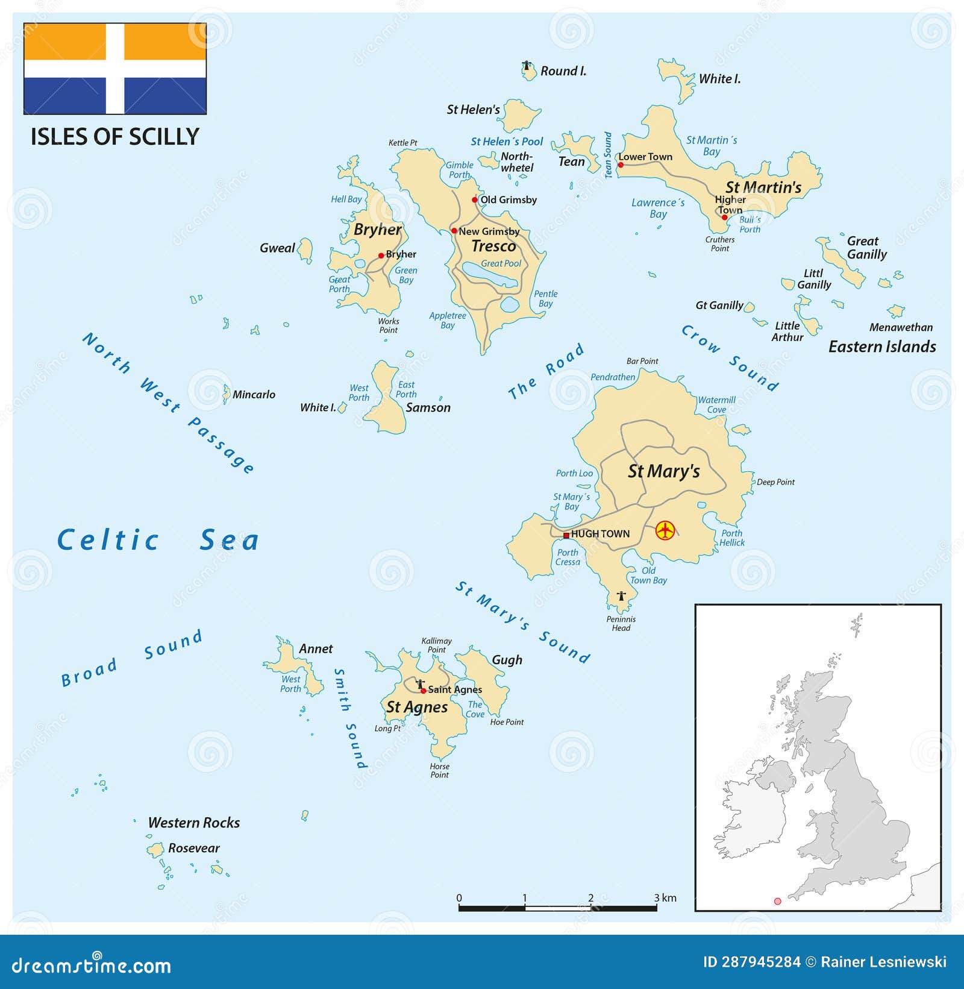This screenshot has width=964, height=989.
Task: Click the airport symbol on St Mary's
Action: tap(665, 530)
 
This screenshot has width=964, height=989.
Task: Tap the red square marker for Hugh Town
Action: tap(566, 535)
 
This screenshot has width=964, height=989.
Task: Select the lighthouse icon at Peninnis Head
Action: tap(621, 596)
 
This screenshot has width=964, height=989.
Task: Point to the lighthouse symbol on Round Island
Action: tap(527, 66)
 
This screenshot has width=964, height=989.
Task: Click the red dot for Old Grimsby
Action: tap(475, 200)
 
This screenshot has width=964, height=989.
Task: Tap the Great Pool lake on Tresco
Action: tap(489, 277)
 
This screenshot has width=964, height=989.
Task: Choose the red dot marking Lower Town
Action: tap(621, 165)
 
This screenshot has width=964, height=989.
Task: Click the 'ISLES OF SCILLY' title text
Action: tap(114, 137)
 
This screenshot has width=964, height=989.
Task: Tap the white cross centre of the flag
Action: tap(115, 69)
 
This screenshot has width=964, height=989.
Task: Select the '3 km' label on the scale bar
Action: tap(665, 898)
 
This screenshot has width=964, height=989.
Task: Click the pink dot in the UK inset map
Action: tap(777, 901)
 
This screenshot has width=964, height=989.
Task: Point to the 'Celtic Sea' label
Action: tap(158, 539)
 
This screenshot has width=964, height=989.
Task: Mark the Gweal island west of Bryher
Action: tap(306, 250)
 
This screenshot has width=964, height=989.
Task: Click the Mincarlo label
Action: tap(254, 395)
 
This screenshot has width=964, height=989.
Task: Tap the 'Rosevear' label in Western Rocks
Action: tap(193, 848)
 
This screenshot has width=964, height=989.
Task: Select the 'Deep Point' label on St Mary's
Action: tap(775, 482)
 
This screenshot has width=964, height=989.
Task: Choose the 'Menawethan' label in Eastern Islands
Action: tap(901, 328)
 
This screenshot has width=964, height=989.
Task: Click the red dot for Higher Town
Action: tap(723, 216)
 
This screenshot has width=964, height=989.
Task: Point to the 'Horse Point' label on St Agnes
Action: tap(439, 770)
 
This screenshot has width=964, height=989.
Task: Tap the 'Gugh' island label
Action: tap(507, 660)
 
